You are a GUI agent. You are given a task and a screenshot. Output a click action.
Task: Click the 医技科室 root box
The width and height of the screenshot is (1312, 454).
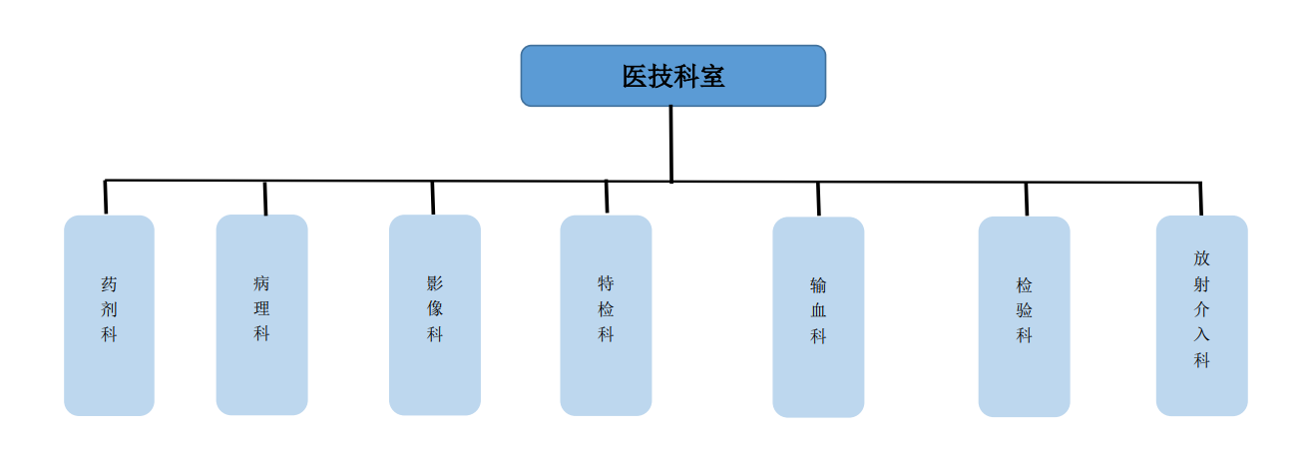673,76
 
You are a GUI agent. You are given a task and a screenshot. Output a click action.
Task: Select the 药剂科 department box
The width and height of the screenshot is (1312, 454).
109,315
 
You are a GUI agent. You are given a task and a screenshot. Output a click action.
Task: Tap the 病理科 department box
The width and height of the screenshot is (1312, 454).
261,314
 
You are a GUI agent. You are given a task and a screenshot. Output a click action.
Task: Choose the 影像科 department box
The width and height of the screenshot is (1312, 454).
435,314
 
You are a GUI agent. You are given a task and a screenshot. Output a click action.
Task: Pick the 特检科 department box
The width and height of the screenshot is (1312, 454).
606,315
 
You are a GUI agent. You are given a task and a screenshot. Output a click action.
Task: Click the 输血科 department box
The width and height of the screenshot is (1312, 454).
818,317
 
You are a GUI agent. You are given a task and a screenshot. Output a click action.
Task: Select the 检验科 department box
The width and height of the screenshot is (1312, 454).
1024,316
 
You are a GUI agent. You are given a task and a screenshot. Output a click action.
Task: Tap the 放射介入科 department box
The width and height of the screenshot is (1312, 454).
1201,315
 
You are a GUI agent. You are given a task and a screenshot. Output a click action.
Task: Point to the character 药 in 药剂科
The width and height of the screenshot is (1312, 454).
109,284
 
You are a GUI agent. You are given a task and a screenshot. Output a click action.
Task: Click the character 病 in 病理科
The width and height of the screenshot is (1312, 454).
261,283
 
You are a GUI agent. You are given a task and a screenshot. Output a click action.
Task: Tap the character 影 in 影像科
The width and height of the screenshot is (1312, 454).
435,283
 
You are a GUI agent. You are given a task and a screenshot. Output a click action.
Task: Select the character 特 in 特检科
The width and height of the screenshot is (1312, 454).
606,283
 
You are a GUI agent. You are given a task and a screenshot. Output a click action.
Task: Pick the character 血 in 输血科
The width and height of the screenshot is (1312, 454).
818,310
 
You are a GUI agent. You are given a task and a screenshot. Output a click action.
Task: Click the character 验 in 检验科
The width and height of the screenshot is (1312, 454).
1024,310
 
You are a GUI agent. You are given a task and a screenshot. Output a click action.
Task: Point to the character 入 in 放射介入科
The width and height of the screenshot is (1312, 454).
1201,334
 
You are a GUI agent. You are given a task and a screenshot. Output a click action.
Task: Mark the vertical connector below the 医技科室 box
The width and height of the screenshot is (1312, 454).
671,144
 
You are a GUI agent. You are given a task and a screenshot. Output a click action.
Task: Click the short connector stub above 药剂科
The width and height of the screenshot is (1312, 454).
106,198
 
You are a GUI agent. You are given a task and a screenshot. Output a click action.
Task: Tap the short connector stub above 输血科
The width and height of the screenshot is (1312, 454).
818,200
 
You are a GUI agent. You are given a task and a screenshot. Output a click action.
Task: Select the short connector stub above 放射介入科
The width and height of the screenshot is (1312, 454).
1200,199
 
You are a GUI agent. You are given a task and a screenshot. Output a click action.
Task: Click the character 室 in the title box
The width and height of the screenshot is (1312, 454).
712,76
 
